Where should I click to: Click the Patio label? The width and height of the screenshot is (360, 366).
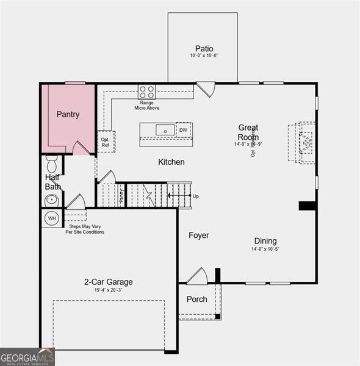[204, 49]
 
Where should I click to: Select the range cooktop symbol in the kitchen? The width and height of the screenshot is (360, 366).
[146, 92]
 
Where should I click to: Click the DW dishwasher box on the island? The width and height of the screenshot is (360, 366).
[183, 130]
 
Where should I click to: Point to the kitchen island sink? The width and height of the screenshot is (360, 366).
[165, 130]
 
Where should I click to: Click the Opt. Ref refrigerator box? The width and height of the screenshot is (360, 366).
[105, 142]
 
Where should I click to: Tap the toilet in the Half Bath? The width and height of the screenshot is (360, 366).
[52, 164]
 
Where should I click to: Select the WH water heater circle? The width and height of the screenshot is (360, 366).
[52, 218]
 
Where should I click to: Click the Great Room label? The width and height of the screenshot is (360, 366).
[248, 132]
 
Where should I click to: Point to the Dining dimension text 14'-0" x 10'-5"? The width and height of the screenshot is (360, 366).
[265, 249]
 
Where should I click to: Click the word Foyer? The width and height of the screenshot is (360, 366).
[198, 235]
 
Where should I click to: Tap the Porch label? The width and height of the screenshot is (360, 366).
[196, 300]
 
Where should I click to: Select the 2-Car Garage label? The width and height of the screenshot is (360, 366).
[108, 282]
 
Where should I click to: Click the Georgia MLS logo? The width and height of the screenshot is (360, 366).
[27, 357]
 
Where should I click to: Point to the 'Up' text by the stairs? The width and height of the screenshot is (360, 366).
[195, 196]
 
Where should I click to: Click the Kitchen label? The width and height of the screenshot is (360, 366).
[171, 162]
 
